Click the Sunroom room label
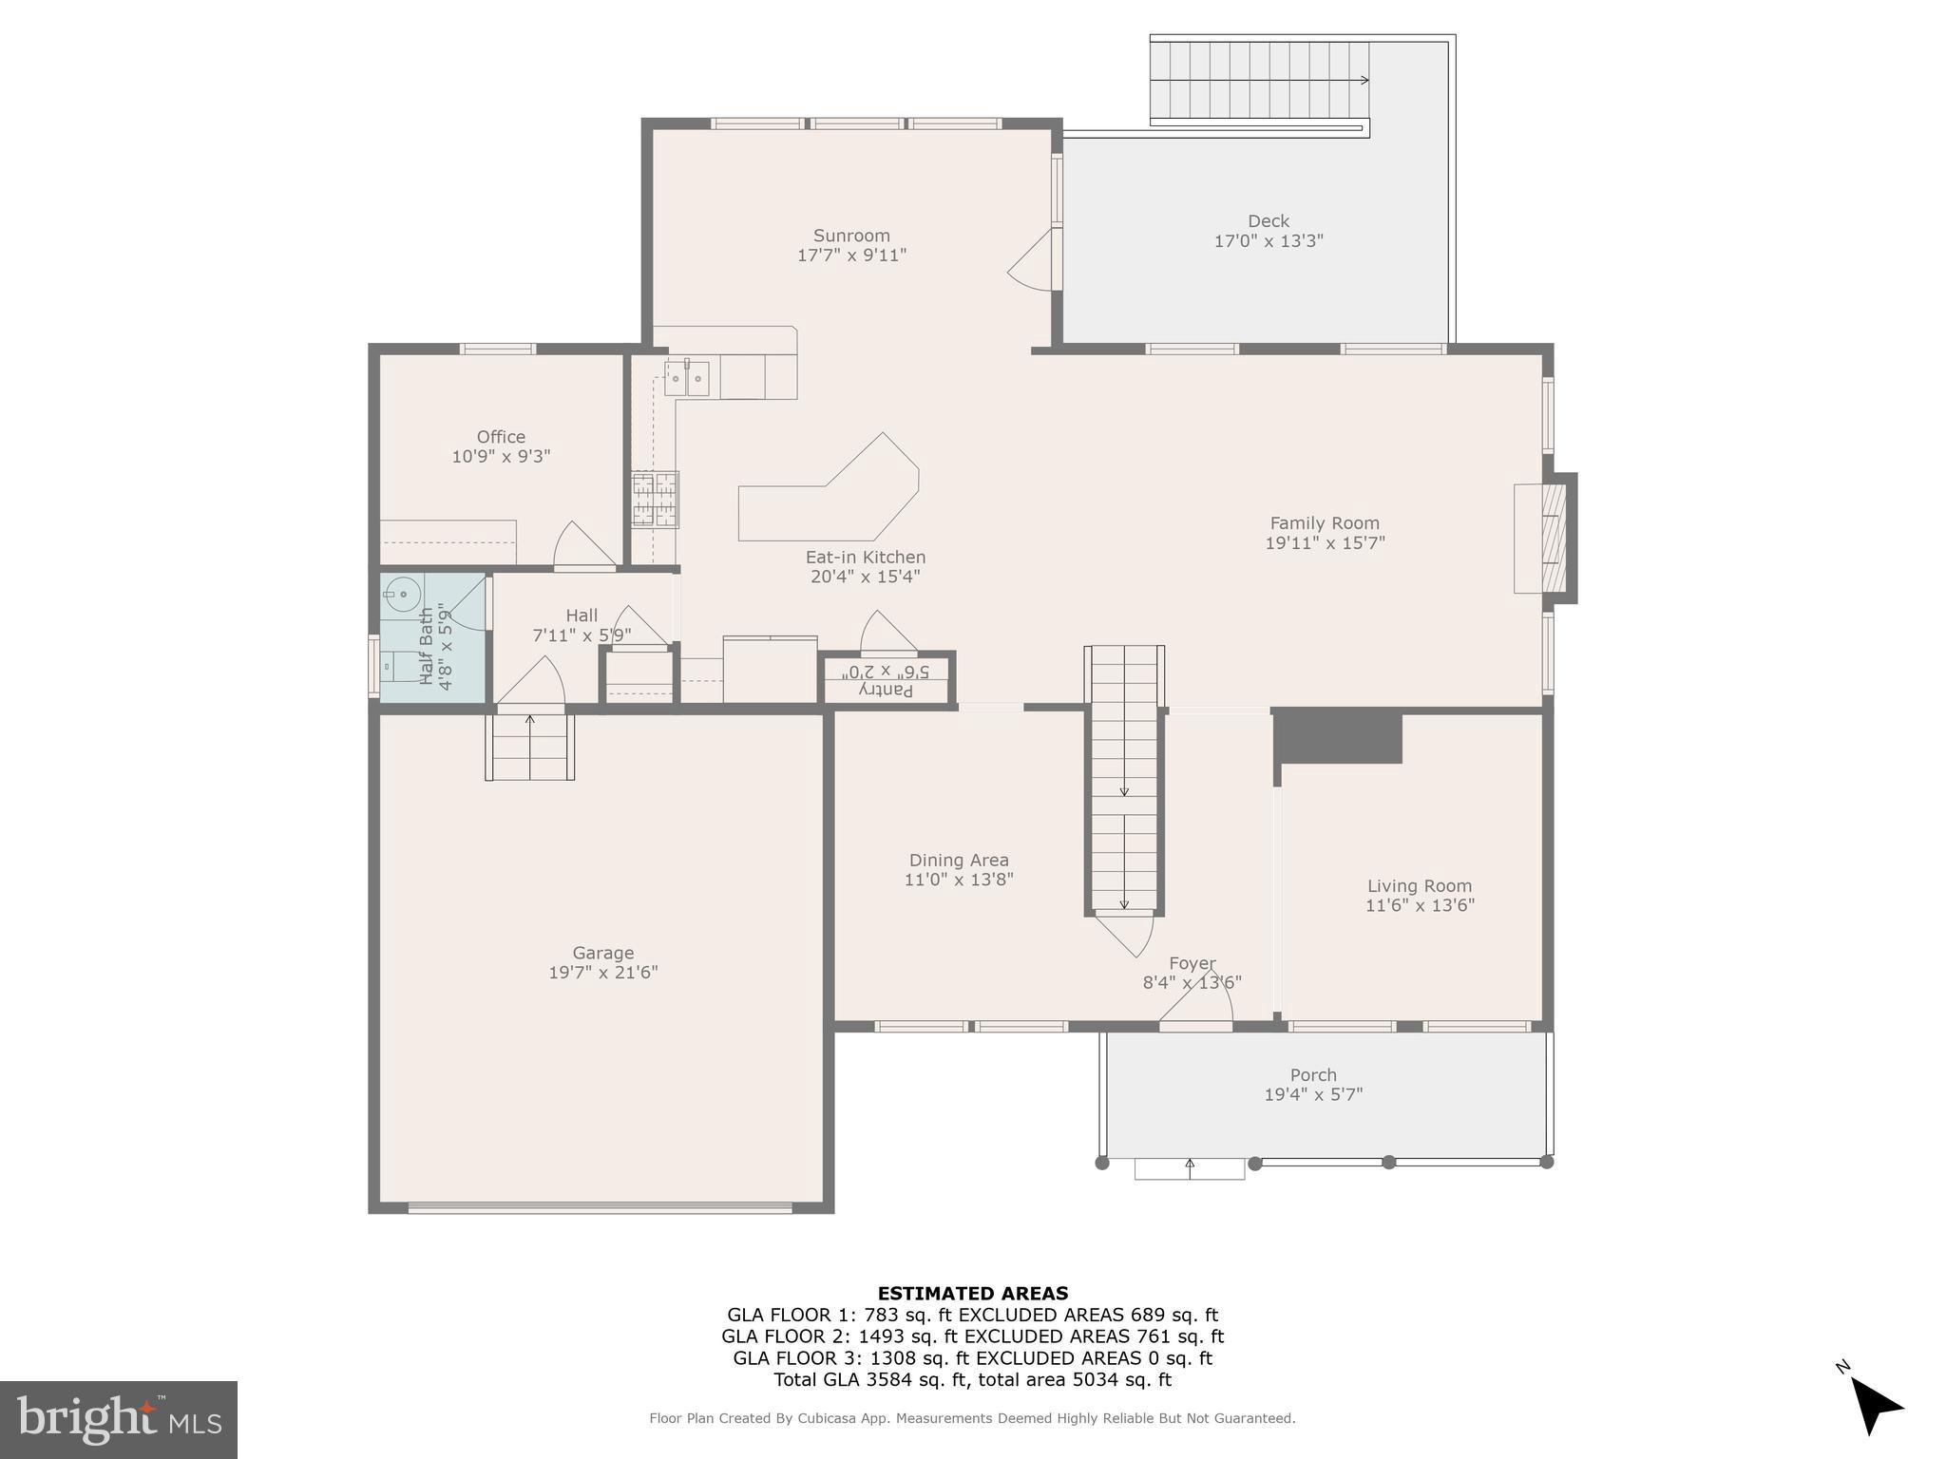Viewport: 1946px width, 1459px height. (x=851, y=236)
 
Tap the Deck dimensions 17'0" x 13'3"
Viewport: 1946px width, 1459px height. (x=1269, y=241)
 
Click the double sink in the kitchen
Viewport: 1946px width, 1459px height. (x=686, y=379)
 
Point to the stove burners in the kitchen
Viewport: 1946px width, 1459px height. (x=655, y=500)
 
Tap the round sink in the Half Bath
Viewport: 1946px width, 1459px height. (x=403, y=594)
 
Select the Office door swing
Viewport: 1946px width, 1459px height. (x=582, y=547)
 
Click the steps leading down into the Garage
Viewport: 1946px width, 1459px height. (x=529, y=747)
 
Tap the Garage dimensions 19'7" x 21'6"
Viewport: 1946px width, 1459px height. (x=602, y=973)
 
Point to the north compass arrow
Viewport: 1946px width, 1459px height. (x=1874, y=1406)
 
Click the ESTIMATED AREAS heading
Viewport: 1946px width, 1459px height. (x=972, y=1293)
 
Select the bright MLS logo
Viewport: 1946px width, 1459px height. (x=119, y=1419)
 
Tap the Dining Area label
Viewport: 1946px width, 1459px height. (x=958, y=861)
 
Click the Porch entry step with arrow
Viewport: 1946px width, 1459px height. (x=1189, y=1169)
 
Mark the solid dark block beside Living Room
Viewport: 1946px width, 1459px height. (x=1338, y=736)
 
